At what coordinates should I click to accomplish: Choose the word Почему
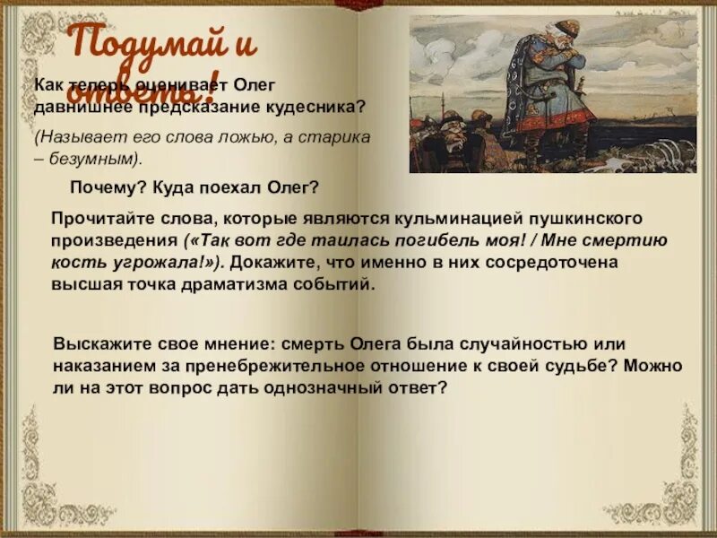[104, 187]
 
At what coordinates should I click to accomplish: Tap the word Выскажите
[99, 344]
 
